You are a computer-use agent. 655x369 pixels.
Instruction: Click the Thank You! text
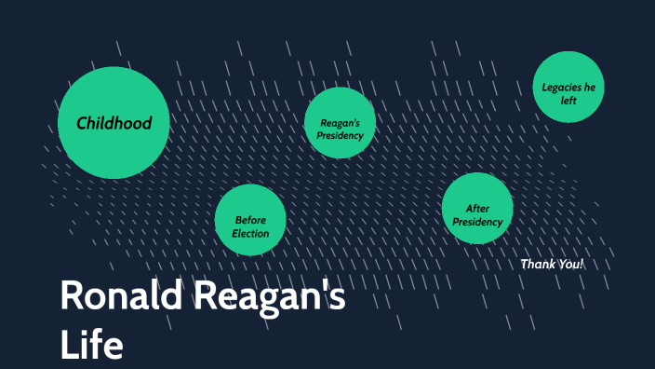point(552,264)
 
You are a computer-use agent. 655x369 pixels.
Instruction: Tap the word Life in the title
point(91,344)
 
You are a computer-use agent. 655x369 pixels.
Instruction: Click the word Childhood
point(114,123)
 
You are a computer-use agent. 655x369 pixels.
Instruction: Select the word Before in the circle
point(250,221)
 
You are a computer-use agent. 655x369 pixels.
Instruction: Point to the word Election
point(250,234)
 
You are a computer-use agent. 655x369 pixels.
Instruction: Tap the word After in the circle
point(477,210)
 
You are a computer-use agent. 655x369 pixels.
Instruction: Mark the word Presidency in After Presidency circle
point(477,223)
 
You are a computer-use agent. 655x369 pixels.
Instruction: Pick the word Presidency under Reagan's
point(340,136)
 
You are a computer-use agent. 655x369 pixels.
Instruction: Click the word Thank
point(537,264)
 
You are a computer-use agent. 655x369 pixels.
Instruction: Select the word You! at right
point(569,264)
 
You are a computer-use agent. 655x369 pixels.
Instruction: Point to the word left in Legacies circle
point(568,100)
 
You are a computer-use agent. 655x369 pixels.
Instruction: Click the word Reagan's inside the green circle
point(340,123)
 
